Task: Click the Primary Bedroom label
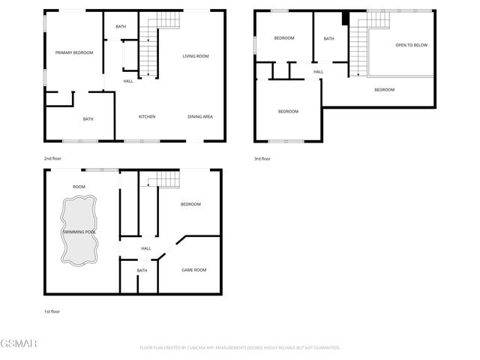(x=74, y=52)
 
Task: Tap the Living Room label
(x=196, y=56)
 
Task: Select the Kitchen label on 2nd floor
(x=147, y=116)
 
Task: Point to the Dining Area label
(x=200, y=116)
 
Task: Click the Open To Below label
(x=411, y=45)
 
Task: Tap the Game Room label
(x=194, y=270)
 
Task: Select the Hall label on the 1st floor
(x=146, y=248)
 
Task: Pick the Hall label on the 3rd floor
(x=318, y=72)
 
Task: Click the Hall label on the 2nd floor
(x=128, y=81)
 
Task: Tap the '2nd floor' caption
(x=52, y=159)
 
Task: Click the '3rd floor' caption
(x=262, y=159)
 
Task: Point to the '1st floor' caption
(x=52, y=310)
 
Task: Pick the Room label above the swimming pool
(x=79, y=187)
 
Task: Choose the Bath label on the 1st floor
(x=142, y=271)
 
